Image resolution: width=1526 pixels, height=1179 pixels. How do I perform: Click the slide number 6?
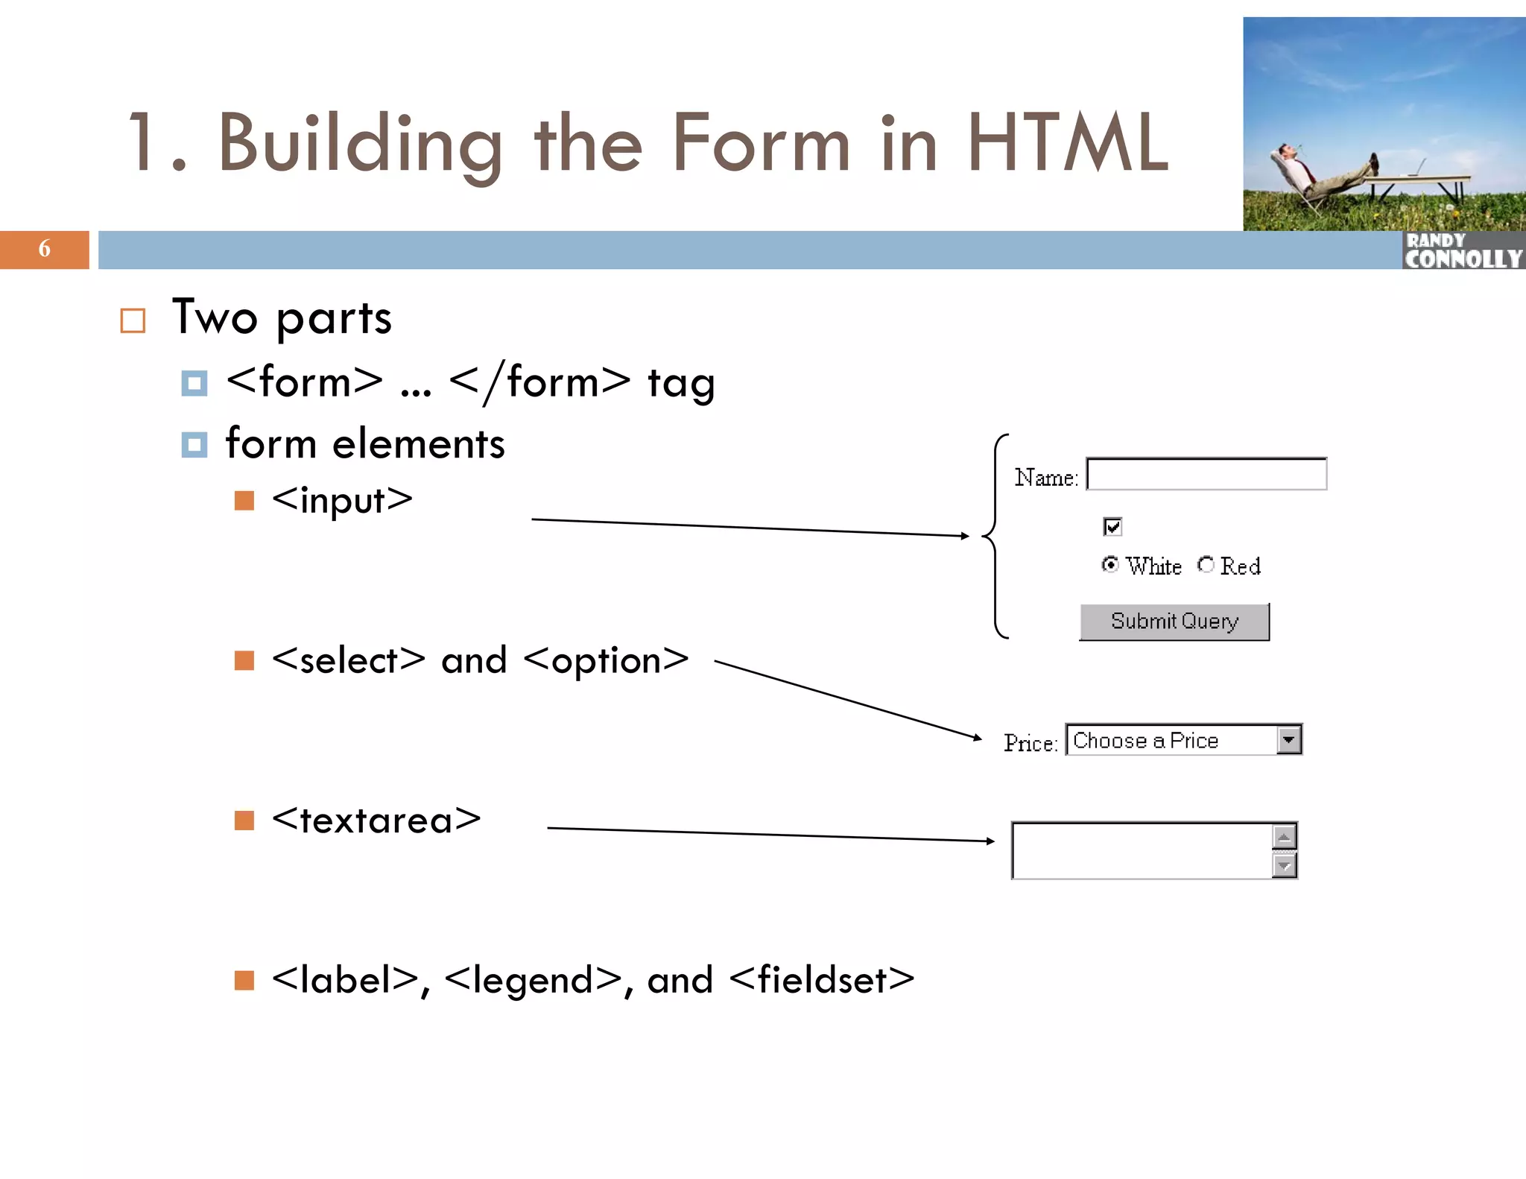coord(44,248)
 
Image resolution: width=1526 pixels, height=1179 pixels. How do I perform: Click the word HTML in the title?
coord(1067,143)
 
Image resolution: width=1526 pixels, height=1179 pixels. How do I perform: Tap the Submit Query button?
coord(1174,622)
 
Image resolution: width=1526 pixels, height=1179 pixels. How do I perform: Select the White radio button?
coord(1110,565)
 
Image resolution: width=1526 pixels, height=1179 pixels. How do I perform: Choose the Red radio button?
coord(1206,565)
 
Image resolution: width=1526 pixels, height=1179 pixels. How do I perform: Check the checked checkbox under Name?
coord(1112,527)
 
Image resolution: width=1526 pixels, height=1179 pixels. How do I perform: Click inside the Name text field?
coord(1206,475)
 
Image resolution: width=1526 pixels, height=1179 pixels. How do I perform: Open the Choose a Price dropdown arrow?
coord(1289,740)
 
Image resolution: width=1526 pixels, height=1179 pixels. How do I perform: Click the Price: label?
coord(1030,743)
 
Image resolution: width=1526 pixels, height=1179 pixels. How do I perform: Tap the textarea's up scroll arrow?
coord(1284,837)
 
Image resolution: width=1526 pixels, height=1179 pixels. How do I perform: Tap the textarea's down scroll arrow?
coord(1284,866)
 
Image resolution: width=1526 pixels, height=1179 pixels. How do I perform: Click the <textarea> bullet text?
coord(376,821)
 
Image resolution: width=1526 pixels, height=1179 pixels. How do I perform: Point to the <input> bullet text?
coord(342,500)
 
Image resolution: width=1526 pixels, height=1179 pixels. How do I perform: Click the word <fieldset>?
coord(821,980)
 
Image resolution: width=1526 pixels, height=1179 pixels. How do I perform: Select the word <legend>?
coord(533,981)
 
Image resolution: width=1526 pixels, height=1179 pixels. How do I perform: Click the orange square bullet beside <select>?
coord(244,660)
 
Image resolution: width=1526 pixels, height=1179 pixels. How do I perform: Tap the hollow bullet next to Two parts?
coord(133,320)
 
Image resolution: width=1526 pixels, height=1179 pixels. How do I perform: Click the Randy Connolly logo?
coord(1463,251)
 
